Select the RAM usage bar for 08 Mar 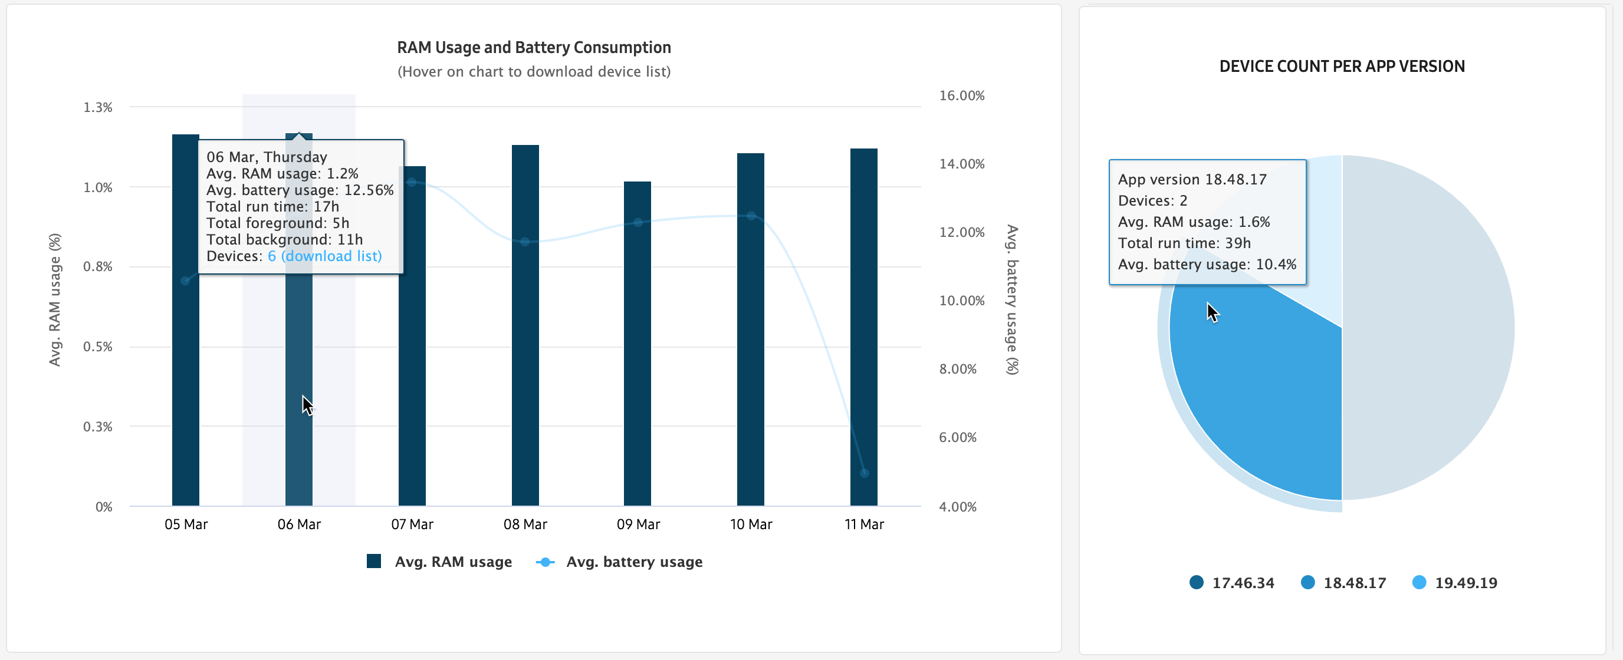[525, 378]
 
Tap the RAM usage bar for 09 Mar [637, 378]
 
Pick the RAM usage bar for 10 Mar [750, 378]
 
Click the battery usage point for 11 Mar [864, 473]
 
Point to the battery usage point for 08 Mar [525, 242]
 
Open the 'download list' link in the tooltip [331, 256]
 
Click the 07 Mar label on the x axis [412, 524]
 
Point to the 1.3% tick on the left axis [98, 107]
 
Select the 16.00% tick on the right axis [961, 95]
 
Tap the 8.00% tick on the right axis [958, 369]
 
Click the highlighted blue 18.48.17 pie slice [1260, 391]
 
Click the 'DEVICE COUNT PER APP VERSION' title [1342, 66]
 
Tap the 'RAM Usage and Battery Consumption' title [534, 47]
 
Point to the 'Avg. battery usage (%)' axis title [1012, 300]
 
